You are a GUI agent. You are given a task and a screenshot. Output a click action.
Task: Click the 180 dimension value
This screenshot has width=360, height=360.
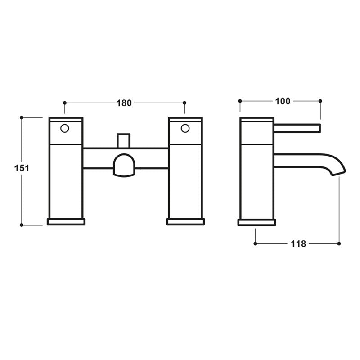(x=124, y=103)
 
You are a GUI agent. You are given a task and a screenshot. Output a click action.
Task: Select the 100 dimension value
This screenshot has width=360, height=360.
(x=283, y=101)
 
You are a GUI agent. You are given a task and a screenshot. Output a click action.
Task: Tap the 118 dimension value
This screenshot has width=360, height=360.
(x=298, y=243)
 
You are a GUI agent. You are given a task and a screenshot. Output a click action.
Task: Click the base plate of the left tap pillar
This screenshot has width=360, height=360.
(x=66, y=221)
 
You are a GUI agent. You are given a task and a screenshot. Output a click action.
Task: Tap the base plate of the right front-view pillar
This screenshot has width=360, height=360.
(x=185, y=221)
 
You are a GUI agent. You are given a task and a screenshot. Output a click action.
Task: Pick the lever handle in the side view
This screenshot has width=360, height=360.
(x=297, y=128)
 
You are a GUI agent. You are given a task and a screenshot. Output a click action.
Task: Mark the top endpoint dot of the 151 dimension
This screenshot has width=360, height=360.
(x=22, y=117)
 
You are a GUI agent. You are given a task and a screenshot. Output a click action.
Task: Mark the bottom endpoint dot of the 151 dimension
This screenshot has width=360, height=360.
(x=22, y=225)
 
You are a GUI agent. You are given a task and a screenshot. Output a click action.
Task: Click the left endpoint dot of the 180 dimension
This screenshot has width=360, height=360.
(x=65, y=103)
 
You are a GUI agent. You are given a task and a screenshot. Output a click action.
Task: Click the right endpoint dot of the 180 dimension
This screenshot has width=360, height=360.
(x=184, y=103)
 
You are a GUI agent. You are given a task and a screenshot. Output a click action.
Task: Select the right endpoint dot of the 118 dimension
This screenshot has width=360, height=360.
(x=339, y=243)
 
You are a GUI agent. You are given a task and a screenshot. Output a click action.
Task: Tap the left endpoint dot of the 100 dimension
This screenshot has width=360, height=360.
(x=240, y=101)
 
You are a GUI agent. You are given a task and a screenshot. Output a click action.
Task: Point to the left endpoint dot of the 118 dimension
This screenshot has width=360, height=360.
(x=256, y=243)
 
